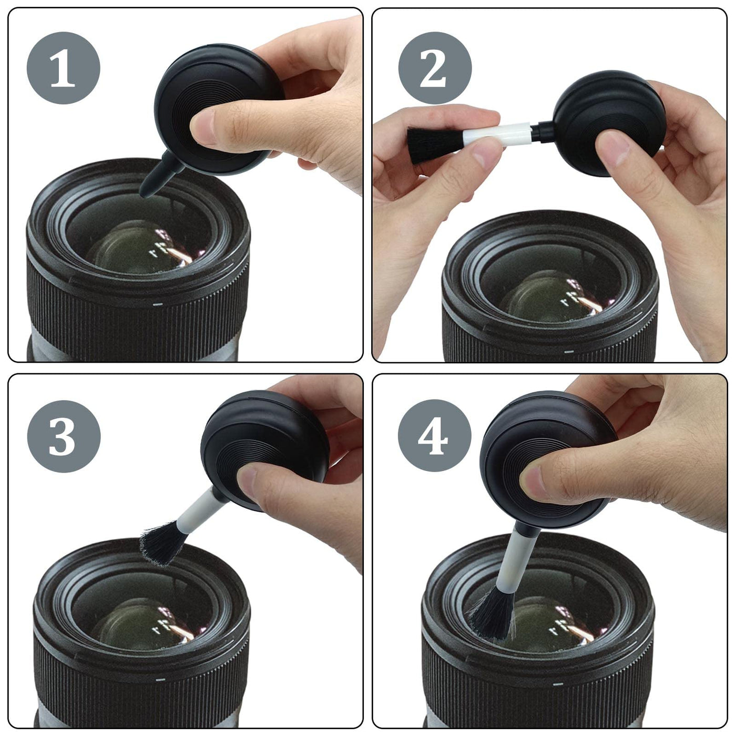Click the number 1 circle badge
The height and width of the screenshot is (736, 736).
pos(64,68)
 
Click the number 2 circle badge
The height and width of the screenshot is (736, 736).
pos(435,68)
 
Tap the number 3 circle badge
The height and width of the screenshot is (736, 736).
pos(64,436)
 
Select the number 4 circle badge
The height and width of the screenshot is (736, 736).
pos(435,436)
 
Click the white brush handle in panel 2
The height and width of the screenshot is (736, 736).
pos(496,134)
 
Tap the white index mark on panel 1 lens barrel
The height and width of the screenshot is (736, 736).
pos(157,304)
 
